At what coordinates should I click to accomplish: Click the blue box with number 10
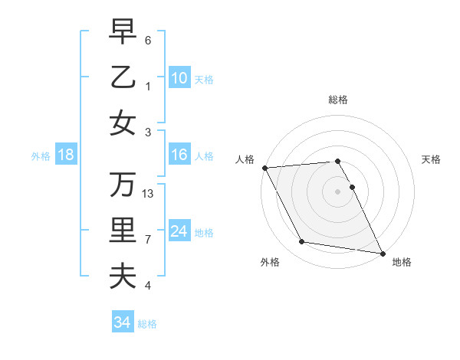179,77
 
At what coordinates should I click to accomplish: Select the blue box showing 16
179,155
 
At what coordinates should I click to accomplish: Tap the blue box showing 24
179,231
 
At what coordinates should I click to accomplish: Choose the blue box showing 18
66,155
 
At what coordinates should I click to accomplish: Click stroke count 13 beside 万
149,193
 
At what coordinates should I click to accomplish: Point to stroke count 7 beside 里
148,240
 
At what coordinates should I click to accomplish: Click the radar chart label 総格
338,100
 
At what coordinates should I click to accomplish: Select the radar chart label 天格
431,159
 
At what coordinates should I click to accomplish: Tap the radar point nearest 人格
264,168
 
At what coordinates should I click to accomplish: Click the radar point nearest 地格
382,253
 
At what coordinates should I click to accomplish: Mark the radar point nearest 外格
302,242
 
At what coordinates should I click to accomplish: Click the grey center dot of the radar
338,191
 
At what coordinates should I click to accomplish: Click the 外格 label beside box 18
41,155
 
